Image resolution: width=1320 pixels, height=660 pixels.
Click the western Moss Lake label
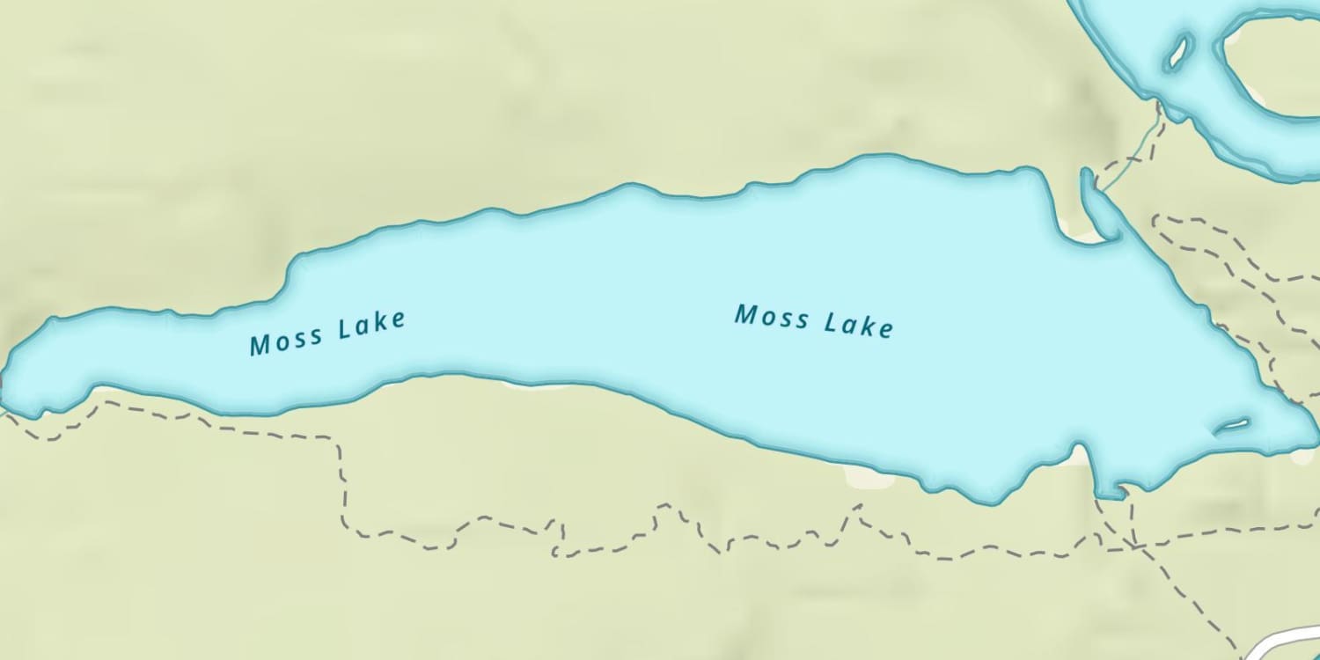[x=327, y=333]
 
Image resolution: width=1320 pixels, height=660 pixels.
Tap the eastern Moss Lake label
[x=814, y=320]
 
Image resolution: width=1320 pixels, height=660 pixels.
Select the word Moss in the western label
[x=285, y=340]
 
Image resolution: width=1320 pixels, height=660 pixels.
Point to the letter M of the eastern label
[x=746, y=313]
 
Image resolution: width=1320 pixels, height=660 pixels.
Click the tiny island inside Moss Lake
[x=1232, y=426]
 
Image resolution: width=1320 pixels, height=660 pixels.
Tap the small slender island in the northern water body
[x=1177, y=53]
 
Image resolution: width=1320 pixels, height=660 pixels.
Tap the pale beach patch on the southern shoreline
[x=867, y=477]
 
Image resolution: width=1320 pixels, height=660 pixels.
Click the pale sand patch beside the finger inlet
[x=1078, y=231]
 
